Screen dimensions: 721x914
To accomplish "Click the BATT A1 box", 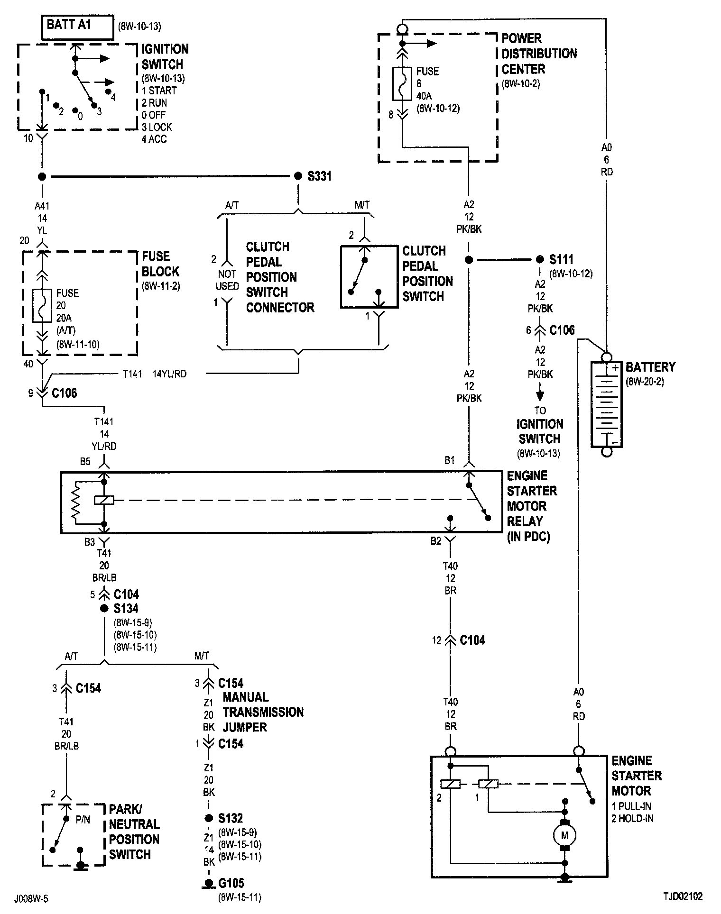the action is point(78,28).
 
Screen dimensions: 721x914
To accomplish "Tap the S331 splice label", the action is point(319,176).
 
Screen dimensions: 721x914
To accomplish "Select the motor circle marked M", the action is point(564,835).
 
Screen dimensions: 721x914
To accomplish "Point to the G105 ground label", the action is point(231,883).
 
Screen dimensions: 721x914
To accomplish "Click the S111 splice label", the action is point(561,259).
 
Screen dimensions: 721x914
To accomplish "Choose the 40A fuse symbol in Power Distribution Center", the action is point(402,83).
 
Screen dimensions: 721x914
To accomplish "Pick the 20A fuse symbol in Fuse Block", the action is point(42,306).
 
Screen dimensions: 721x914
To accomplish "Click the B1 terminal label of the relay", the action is point(450,460).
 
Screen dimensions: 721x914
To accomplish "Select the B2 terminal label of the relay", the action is point(436,541).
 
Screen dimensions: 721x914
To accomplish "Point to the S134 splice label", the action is point(126,608).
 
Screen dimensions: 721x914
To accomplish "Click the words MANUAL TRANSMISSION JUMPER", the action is point(263,712).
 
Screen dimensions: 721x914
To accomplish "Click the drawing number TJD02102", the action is point(683,896).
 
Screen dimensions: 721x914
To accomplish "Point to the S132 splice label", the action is point(231,818).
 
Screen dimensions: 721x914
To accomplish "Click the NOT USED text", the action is point(227,280).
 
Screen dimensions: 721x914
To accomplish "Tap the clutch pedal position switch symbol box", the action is point(369,277).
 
